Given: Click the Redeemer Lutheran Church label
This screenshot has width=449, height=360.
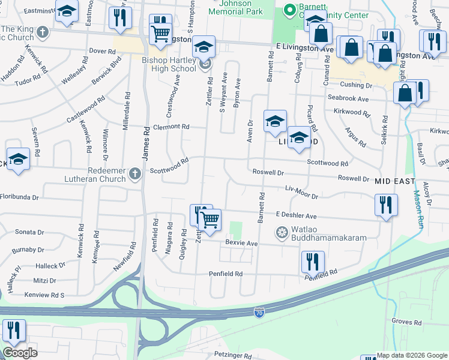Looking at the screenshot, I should pos(90,174).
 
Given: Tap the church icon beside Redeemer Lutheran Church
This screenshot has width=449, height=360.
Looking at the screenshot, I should pos(135,175).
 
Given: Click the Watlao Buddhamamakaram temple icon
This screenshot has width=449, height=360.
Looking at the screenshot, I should pos(281,232).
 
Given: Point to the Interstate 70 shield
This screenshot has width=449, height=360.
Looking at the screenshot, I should pos(259,314).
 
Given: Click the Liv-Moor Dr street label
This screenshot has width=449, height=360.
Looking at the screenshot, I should pos(301,192).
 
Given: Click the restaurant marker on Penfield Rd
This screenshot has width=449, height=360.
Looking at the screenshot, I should pos(313,262).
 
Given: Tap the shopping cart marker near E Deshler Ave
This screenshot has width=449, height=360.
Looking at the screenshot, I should pos(209,220).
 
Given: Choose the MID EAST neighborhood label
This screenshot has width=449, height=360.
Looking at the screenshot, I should pos(395,181).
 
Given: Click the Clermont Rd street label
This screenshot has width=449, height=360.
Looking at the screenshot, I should pos(170,127).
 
